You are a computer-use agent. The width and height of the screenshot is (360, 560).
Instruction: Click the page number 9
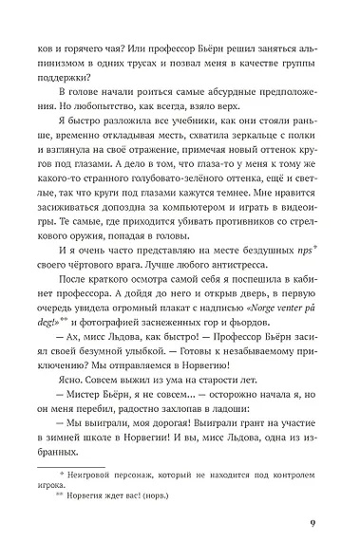[313, 526]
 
